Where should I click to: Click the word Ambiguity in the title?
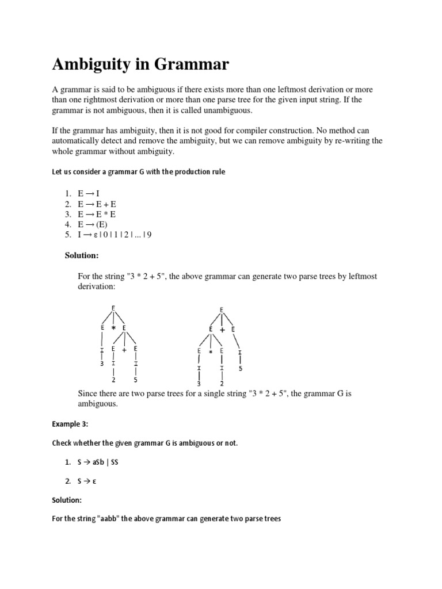(94, 65)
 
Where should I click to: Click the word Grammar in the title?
(192, 65)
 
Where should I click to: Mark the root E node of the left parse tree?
(113, 308)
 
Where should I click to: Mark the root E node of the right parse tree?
(222, 310)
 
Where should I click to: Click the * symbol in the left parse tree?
(113, 328)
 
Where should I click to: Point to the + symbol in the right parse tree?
(222, 330)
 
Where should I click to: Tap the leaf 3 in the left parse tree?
(102, 364)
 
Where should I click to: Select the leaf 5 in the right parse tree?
(240, 368)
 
